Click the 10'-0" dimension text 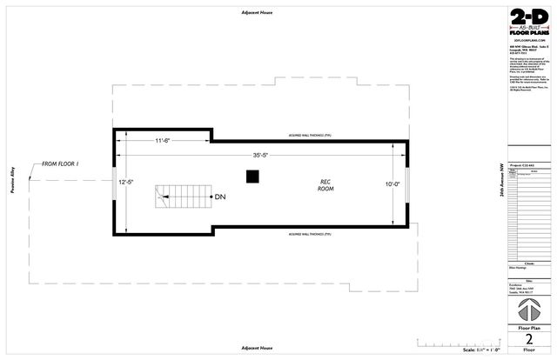tap(393, 183)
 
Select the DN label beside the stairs tap(220, 197)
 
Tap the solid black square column tap(252, 177)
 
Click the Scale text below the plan tap(476, 349)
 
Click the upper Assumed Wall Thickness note tap(307, 136)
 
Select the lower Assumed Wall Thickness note tap(307, 235)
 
